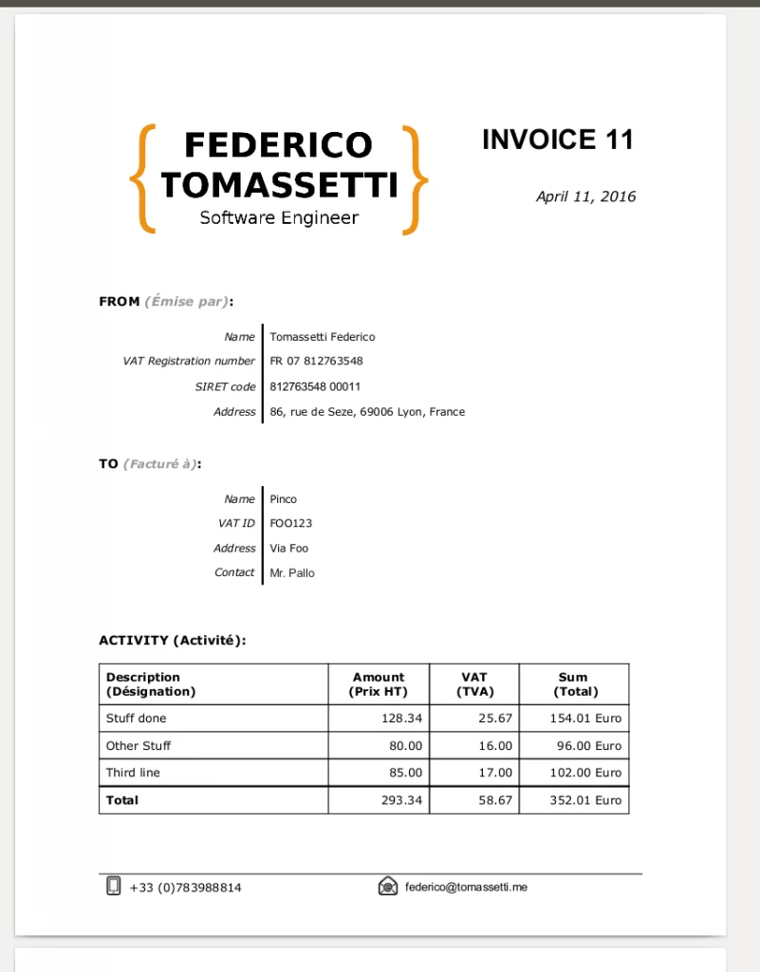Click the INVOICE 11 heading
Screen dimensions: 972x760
click(557, 140)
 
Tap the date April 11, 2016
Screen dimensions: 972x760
click(585, 196)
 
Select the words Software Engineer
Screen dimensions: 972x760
click(279, 217)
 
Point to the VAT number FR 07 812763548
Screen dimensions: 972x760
click(316, 361)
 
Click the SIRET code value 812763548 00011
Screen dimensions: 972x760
click(315, 386)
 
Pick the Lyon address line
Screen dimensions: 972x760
click(367, 412)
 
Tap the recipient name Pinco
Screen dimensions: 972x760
click(283, 498)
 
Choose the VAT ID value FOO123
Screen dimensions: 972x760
click(290, 523)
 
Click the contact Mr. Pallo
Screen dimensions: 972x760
click(291, 572)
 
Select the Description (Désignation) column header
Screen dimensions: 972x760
click(151, 683)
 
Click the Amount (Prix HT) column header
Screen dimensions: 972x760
click(378, 683)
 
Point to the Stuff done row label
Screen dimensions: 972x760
click(136, 719)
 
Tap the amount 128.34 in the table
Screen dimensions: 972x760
click(401, 719)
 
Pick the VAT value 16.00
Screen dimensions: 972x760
click(494, 746)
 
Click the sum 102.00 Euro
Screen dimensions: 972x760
click(585, 773)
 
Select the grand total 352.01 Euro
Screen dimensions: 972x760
click(585, 800)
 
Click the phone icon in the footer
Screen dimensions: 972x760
click(114, 887)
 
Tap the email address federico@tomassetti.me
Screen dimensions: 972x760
click(466, 887)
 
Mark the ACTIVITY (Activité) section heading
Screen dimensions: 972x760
click(173, 641)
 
